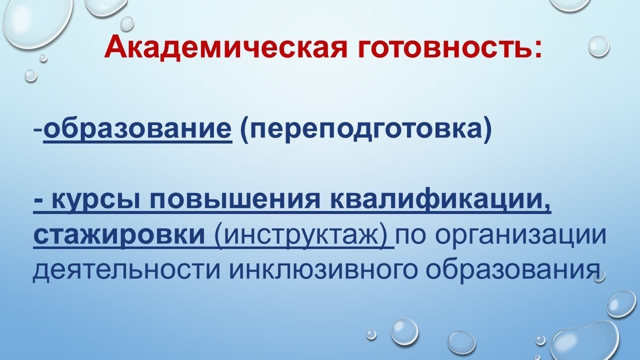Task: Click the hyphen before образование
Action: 38,131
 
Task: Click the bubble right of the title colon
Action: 598,46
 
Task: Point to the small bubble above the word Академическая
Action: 127,22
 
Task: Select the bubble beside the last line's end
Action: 599,276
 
